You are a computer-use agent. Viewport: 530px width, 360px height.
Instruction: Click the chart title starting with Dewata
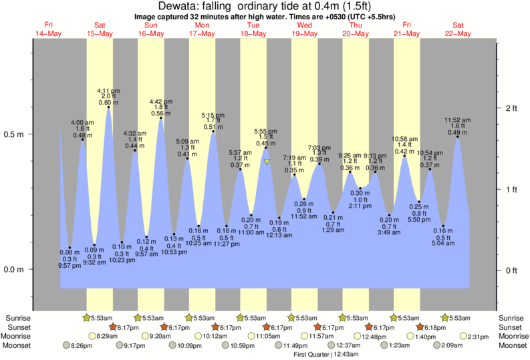tap(265, 5)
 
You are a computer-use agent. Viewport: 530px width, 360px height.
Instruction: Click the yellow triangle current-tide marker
tap(267, 162)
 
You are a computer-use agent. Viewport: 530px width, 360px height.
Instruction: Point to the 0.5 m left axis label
tap(14, 134)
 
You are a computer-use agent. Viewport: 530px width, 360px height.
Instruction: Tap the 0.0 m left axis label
tap(14, 270)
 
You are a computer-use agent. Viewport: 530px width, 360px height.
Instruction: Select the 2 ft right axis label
tap(512, 108)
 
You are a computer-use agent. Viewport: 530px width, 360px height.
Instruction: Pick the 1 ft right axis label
tap(512, 190)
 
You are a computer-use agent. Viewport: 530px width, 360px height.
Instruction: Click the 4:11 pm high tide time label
tap(108, 90)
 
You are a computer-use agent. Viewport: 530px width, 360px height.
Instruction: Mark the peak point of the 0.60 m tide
tap(108, 107)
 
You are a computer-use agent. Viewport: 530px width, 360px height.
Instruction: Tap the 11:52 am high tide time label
tap(458, 120)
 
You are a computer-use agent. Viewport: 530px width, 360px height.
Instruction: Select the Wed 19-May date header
tap(305, 29)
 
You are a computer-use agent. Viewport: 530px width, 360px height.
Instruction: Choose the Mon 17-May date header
tap(202, 29)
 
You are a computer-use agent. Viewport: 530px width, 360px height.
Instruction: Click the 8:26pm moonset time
tap(83, 345)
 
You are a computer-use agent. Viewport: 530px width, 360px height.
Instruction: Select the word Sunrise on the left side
tap(19, 318)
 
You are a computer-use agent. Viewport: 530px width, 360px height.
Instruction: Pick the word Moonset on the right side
tap(511, 345)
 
